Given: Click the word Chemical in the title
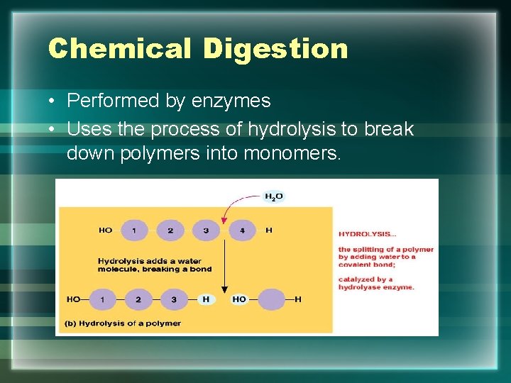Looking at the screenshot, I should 119,48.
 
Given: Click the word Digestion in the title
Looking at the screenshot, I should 275,48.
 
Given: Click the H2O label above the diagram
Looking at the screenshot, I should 273,196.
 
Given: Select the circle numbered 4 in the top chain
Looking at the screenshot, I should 242,230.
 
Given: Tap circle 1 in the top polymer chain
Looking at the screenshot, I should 134,230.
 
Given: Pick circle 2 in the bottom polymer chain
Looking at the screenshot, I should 138,299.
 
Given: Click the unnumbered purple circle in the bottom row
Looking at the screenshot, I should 270,299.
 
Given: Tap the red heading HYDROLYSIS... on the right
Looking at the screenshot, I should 367,233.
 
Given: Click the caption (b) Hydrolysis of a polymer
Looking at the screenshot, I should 122,323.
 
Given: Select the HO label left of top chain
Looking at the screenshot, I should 106,230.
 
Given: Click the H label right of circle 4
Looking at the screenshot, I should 268,230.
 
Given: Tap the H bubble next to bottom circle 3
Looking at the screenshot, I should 206,299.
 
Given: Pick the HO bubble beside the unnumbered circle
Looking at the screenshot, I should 239,299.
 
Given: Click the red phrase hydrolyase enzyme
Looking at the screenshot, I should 376,287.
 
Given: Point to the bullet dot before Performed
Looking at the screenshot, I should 53,101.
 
